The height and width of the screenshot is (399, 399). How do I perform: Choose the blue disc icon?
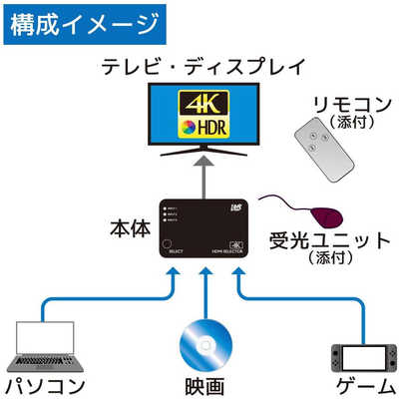click(x=203, y=345)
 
